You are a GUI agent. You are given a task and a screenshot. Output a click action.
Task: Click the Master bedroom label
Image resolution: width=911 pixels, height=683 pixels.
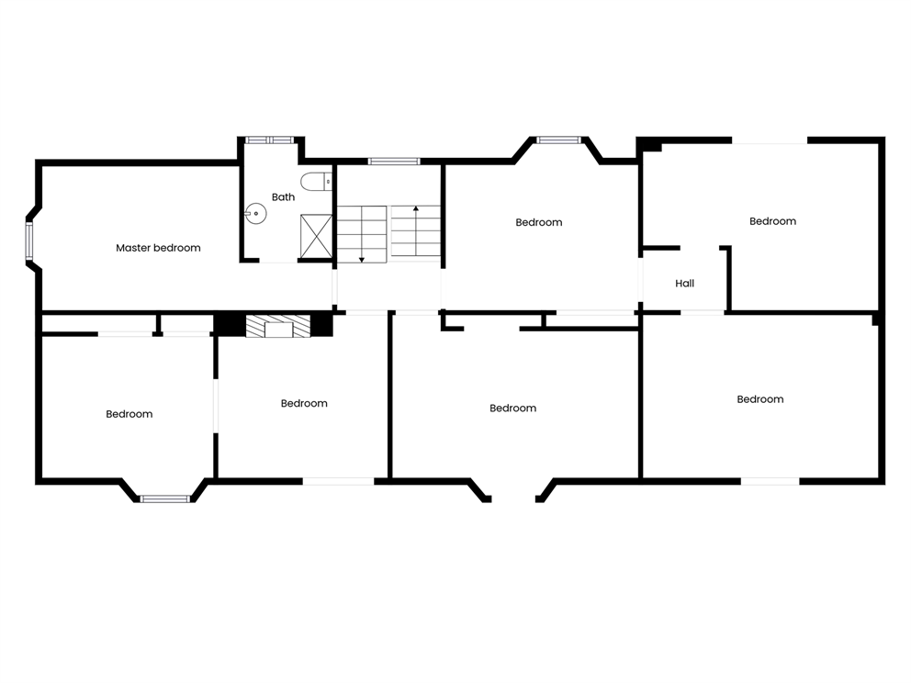158,248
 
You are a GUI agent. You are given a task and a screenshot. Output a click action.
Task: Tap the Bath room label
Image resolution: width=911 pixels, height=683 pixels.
283,196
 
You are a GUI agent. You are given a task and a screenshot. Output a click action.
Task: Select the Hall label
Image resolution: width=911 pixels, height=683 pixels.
684,284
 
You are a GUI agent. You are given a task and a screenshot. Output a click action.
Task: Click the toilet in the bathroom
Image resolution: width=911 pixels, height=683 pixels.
317,181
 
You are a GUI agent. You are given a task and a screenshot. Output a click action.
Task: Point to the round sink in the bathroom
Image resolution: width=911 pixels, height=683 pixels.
255,214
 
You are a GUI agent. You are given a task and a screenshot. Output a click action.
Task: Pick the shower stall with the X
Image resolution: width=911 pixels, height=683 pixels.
316,236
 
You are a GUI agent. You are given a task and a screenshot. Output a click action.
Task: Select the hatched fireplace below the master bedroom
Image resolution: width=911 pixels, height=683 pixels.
277,326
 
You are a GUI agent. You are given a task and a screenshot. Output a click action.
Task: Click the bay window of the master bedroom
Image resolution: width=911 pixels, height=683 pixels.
28,241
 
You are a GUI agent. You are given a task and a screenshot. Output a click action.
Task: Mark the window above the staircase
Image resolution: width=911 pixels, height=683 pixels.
394,162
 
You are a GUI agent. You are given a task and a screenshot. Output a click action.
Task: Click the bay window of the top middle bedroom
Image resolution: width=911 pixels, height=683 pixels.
558,140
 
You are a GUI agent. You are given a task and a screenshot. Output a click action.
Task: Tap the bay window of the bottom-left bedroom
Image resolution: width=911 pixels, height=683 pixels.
165,498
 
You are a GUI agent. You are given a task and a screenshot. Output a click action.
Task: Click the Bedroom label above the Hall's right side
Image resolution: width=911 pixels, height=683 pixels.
772,221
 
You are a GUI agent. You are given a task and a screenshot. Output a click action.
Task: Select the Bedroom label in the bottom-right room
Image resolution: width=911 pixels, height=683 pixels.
760,399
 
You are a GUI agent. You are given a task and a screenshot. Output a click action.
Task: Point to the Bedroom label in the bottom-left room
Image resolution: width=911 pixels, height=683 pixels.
129,414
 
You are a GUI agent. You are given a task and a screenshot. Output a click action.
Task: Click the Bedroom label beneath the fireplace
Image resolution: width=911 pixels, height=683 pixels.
304,404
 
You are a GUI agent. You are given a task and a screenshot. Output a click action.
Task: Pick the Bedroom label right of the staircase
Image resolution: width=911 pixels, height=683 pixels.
538,222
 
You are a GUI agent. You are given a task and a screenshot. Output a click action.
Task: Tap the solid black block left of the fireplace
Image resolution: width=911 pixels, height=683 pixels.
230,324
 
